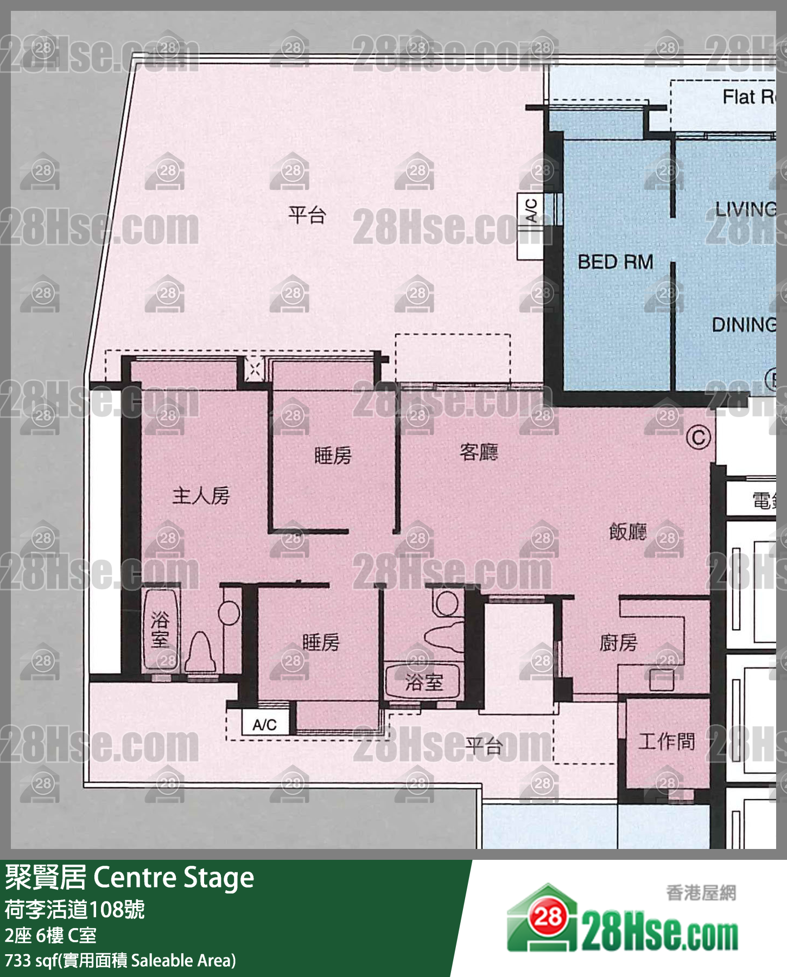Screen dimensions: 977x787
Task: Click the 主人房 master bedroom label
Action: click(201, 496)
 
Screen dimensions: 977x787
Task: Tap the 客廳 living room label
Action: click(479, 452)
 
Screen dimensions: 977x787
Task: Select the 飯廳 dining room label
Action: click(628, 532)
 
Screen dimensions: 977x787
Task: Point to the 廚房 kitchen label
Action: click(618, 643)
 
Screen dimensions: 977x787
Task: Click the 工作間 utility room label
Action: click(667, 741)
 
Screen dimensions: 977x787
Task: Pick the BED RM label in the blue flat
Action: click(615, 262)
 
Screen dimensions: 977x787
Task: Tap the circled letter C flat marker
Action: click(699, 438)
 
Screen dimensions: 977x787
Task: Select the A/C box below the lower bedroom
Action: click(265, 725)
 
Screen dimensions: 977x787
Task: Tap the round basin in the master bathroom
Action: click(229, 613)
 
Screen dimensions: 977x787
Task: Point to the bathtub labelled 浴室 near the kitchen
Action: click(423, 682)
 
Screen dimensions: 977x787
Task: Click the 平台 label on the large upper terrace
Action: click(307, 215)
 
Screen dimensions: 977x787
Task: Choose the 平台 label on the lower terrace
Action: click(483, 746)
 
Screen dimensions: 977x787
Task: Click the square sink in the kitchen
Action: click(662, 680)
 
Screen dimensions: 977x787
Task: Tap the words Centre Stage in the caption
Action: click(174, 878)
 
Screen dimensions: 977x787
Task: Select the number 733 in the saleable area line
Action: click(17, 961)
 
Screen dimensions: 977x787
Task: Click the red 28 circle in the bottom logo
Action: click(547, 917)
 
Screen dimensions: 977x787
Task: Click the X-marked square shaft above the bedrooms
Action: click(253, 369)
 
